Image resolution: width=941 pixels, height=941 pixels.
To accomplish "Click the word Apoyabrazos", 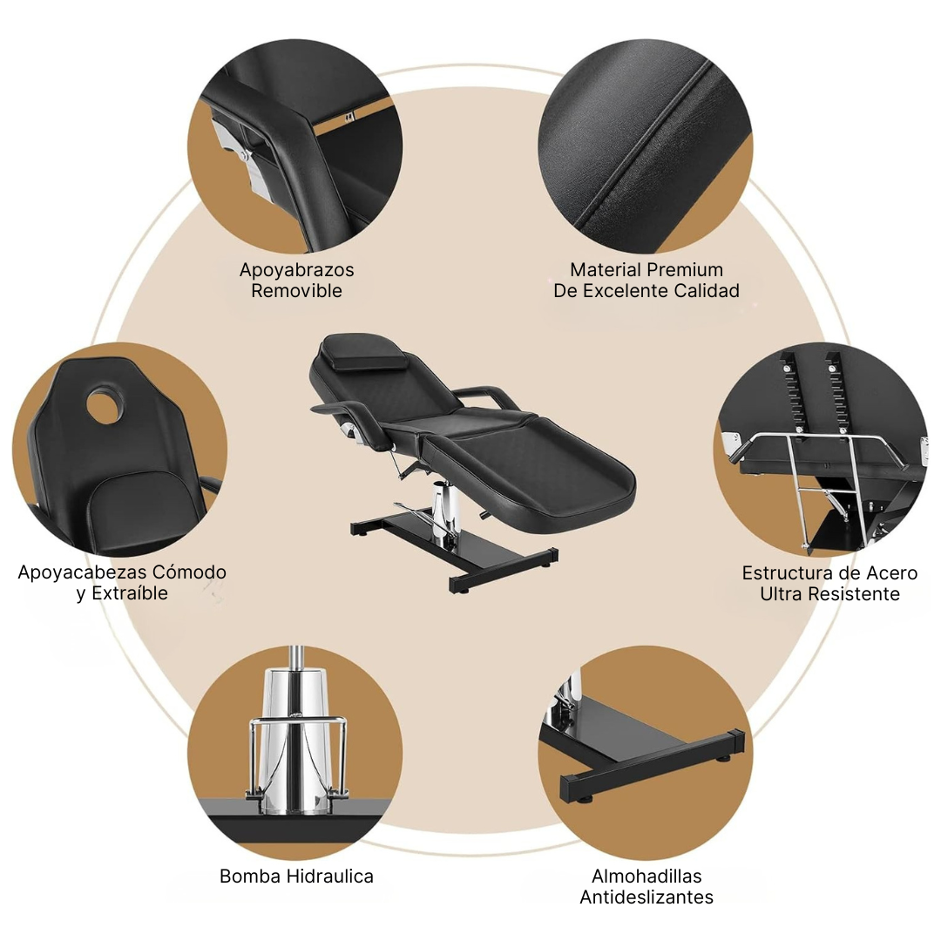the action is click(x=296, y=269).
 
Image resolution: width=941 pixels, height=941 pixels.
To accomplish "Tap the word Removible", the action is click(x=296, y=290).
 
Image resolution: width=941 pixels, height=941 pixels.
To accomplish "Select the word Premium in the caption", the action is click(x=685, y=269).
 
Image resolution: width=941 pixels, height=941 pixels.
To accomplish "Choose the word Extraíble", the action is click(x=130, y=593).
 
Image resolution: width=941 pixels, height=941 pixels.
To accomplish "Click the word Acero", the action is click(x=890, y=573).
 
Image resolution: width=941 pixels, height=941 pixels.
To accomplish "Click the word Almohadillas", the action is click(x=647, y=877).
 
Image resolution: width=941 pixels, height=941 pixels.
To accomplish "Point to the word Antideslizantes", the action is click(x=647, y=897).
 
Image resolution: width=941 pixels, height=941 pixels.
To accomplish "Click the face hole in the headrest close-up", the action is click(x=105, y=404).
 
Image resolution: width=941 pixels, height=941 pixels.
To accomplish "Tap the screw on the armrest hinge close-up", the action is click(x=242, y=155).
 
